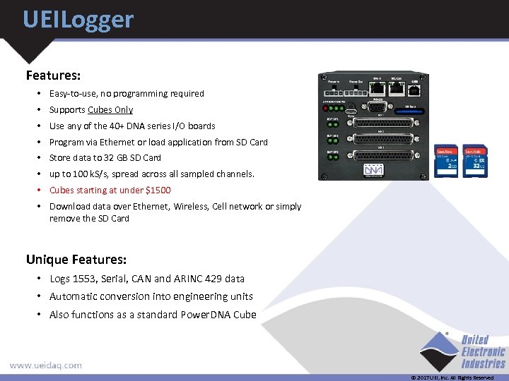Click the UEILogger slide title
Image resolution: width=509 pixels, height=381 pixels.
coord(78,19)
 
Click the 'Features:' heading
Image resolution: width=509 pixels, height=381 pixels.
coord(53,75)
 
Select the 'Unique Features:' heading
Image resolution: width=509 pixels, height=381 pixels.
coord(76,259)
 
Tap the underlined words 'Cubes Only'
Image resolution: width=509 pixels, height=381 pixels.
coord(110,110)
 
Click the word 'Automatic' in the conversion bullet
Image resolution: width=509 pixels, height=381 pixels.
coord(73,297)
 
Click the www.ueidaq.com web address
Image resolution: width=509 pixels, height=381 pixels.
coord(45,365)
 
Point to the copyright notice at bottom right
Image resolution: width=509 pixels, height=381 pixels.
coord(452,377)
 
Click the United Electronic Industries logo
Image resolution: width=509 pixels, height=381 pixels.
coord(462,351)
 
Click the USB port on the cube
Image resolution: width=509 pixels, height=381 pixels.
coord(414,89)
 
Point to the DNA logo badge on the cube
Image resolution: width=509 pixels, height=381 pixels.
coord(373,171)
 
